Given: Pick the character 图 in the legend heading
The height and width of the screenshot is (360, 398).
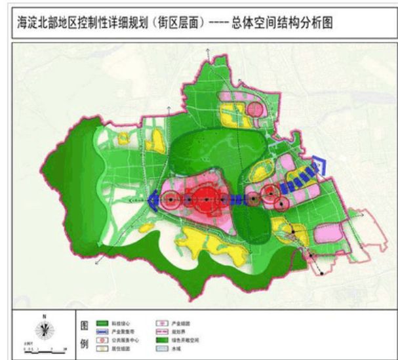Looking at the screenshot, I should tap(84, 325).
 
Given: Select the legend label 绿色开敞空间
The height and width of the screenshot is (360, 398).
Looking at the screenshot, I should tap(183, 341).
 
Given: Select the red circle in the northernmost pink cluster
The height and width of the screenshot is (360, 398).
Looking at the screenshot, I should tap(254, 108).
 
